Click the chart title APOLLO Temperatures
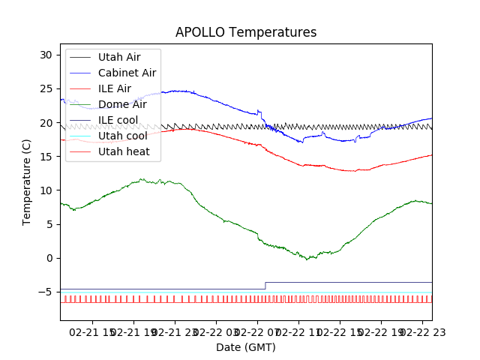pos(246,33)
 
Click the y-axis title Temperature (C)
pos(27,181)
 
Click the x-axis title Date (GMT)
pos(246,347)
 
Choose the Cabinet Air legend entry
pos(127,73)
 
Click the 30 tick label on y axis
pos(46,55)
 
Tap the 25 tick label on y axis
pos(46,88)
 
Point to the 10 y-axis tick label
pos(46,190)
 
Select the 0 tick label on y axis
pos(49,258)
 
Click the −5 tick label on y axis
pos(46,292)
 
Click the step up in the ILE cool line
pos(265,286)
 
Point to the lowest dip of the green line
pos(307,259)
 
